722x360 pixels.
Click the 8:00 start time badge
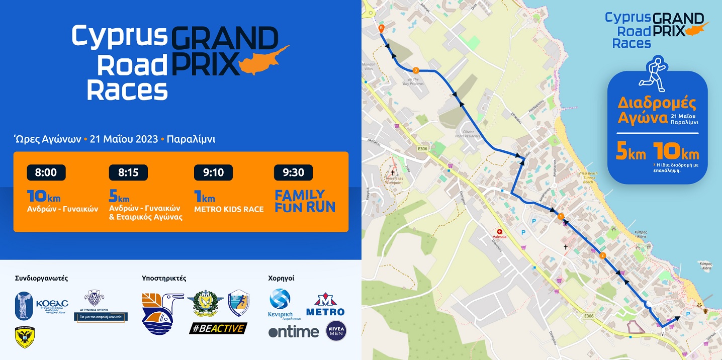point(46,172)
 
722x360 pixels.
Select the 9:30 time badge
point(293,172)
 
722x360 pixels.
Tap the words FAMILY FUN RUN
point(305,201)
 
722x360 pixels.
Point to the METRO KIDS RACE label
point(229,209)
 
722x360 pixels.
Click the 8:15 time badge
point(128,172)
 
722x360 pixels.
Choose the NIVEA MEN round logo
point(336,331)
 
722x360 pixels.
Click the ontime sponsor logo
point(294,332)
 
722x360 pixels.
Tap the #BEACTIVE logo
point(218,328)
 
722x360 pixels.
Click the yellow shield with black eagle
point(25,337)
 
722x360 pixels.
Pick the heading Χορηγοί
point(281,278)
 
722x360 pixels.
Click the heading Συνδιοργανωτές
point(41,278)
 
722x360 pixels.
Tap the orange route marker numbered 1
point(561,216)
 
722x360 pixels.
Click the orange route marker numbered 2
point(602,256)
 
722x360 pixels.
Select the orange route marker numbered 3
point(415,70)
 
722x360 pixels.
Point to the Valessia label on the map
point(499,236)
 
